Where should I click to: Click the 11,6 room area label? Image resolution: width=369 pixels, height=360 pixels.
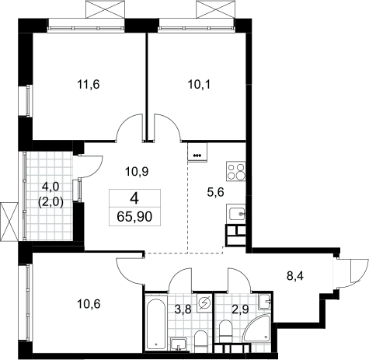coord(89,85)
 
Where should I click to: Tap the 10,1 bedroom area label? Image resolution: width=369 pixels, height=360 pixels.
coord(199,85)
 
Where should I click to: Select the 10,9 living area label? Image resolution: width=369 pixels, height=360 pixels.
coord(137,171)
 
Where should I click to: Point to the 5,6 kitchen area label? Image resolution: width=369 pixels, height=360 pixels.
coord(215,192)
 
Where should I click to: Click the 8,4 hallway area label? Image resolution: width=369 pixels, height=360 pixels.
coord(295,276)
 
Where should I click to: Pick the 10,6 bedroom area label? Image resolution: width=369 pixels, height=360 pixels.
coord(89,304)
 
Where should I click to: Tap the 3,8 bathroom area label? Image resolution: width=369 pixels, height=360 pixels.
coord(183,309)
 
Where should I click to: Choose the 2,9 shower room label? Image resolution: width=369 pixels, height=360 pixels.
coord(241,309)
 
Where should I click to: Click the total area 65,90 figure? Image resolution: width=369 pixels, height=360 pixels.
coord(134,217)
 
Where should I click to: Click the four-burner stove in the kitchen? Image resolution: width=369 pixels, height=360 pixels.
coord(235,171)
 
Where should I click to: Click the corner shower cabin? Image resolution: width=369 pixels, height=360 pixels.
coord(258,327)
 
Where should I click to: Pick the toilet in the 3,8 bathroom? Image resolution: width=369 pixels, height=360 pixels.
coord(200,340)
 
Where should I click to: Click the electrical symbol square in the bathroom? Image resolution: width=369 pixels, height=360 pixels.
coord(204,302)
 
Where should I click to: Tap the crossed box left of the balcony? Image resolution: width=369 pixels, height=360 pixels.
coord(9,222)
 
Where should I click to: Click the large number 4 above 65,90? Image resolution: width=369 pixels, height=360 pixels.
coord(134,199)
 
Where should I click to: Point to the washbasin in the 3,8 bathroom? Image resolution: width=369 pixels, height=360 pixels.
coord(179,344)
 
